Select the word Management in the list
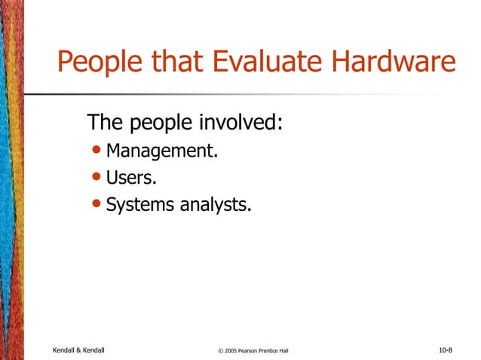click(161, 151)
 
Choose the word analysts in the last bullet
click(216, 204)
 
